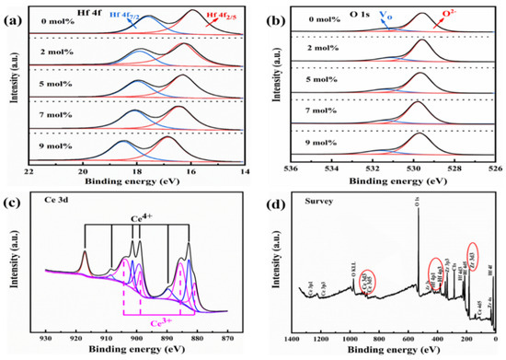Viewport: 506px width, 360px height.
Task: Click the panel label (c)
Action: tap(14, 192)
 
